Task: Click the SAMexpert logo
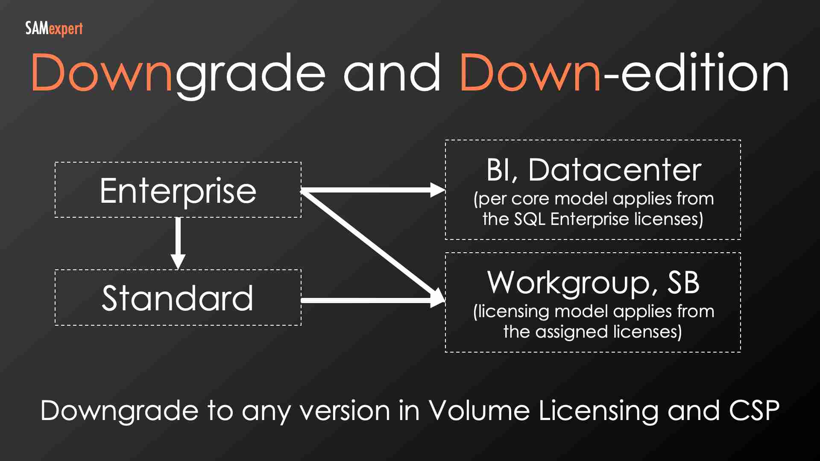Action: tap(54, 29)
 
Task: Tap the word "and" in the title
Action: tap(392, 73)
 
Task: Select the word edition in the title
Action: tap(705, 73)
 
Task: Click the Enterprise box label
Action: tap(178, 190)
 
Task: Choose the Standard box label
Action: tap(178, 298)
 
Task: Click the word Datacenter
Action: tap(615, 170)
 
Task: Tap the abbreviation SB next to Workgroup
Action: tap(683, 283)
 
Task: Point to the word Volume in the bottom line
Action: tap(479, 411)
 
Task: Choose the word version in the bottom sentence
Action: tap(345, 411)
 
